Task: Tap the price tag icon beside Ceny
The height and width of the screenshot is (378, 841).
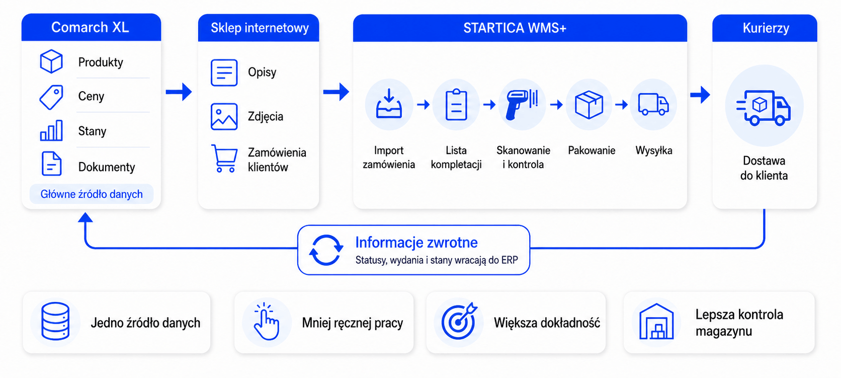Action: click(x=51, y=97)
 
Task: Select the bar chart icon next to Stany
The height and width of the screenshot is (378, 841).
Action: click(x=51, y=130)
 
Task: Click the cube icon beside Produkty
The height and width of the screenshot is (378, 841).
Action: click(x=51, y=61)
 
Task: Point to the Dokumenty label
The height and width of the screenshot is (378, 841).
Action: click(x=107, y=167)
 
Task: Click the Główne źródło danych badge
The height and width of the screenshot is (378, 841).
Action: click(x=92, y=194)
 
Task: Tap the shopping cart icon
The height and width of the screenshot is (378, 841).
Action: click(x=224, y=159)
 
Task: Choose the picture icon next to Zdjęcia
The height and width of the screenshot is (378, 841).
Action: click(x=224, y=116)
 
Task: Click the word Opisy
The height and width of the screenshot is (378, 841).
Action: click(x=262, y=72)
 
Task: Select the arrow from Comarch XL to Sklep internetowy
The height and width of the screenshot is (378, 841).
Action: click(x=179, y=92)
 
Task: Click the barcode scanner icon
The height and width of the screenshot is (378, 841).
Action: click(x=522, y=104)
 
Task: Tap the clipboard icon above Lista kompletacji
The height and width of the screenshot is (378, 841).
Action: click(x=456, y=105)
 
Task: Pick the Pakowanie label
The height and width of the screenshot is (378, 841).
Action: click(x=592, y=150)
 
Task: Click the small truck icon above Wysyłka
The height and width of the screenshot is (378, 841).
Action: click(x=653, y=104)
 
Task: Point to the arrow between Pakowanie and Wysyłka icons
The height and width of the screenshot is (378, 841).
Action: click(x=622, y=104)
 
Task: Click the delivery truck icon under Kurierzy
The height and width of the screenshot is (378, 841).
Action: click(x=764, y=108)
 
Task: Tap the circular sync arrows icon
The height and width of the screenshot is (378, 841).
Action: click(x=326, y=250)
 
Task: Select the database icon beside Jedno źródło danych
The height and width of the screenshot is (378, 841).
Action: click(x=55, y=321)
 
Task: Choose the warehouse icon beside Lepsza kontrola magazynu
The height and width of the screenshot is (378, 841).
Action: click(x=656, y=321)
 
